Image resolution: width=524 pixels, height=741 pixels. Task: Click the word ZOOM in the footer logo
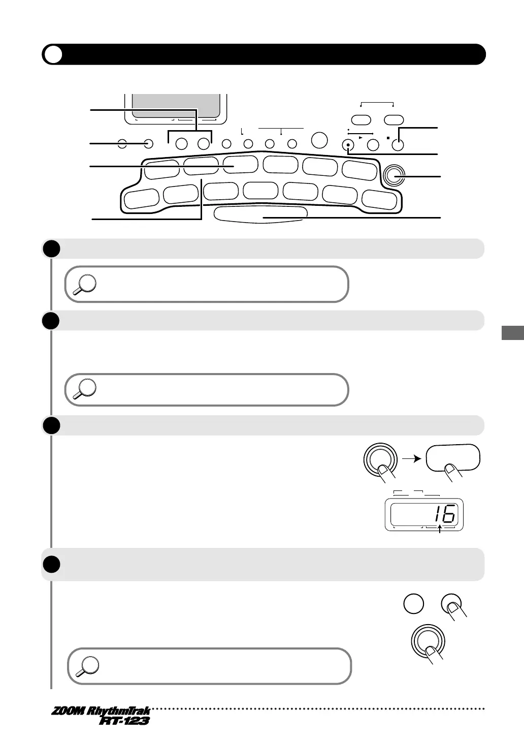pyautogui.click(x=68, y=711)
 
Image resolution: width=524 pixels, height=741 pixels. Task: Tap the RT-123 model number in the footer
pyautogui.click(x=124, y=721)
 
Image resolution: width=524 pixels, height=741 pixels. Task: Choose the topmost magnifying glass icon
pyautogui.click(x=84, y=284)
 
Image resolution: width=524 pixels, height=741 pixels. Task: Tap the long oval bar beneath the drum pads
pyautogui.click(x=260, y=214)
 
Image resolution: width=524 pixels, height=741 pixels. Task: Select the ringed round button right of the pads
pyautogui.click(x=395, y=176)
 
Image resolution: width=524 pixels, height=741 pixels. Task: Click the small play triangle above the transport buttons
pyautogui.click(x=361, y=137)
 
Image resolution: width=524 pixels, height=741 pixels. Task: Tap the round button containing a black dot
pyautogui.click(x=348, y=144)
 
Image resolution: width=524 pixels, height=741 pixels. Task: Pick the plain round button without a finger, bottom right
pyautogui.click(x=413, y=605)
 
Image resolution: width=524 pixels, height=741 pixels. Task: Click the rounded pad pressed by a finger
pyautogui.click(x=452, y=457)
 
